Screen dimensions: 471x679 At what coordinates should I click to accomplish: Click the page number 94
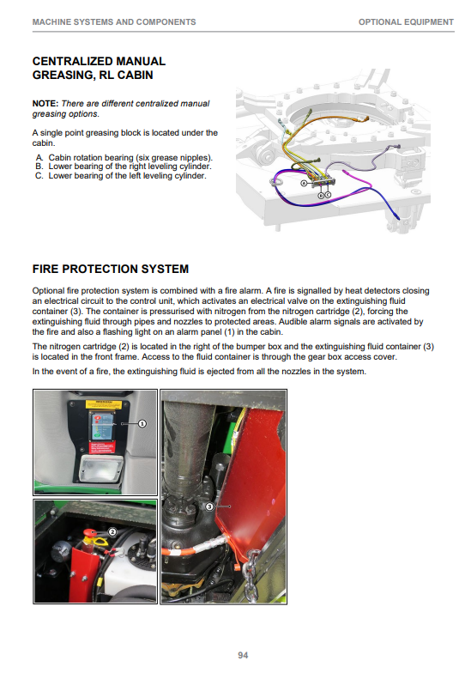tap(243, 655)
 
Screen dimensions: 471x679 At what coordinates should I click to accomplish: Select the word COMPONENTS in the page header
tap(169, 22)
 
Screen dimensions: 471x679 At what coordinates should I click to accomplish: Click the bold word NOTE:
tap(45, 104)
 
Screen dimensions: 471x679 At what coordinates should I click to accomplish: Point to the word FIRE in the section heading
tap(45, 269)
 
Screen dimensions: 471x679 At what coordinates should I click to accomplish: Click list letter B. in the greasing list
tap(39, 167)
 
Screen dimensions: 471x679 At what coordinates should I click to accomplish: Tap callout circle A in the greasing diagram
tap(304, 183)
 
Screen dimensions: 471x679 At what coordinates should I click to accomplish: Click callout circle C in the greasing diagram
tap(328, 196)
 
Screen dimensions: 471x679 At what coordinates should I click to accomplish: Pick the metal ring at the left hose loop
tap(277, 182)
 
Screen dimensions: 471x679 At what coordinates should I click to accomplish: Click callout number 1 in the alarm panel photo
tap(142, 423)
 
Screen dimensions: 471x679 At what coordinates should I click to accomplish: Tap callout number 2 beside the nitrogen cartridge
tap(112, 531)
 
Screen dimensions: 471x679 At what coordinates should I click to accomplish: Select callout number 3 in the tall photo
tap(209, 506)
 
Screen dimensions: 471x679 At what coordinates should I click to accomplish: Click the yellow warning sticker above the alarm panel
tap(100, 404)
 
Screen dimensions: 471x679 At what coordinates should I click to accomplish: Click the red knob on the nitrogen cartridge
tap(90, 532)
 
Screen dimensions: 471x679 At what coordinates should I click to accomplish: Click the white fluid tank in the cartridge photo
tap(125, 572)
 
